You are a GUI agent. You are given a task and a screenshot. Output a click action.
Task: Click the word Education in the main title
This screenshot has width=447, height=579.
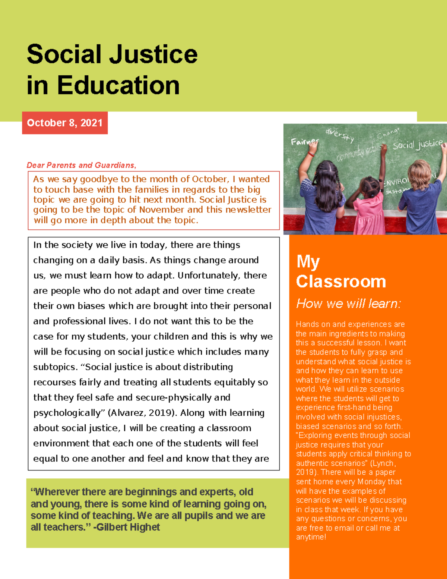[118, 85]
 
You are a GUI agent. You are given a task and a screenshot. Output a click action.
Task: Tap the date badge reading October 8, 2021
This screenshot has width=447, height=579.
[65, 123]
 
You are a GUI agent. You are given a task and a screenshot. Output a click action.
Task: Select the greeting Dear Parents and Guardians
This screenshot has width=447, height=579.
[81, 165]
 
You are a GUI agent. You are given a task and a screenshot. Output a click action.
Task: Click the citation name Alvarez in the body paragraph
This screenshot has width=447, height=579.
[127, 413]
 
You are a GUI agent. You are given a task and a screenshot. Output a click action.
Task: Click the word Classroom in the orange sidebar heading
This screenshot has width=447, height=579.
[341, 281]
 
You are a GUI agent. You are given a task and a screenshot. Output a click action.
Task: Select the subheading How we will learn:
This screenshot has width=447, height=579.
[348, 304]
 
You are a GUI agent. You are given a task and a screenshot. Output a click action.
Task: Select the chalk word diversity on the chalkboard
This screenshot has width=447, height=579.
[340, 135]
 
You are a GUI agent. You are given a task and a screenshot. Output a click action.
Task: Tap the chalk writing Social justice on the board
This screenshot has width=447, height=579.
[418, 145]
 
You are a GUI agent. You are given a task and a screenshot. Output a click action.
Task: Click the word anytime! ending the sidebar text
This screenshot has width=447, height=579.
[311, 537]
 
